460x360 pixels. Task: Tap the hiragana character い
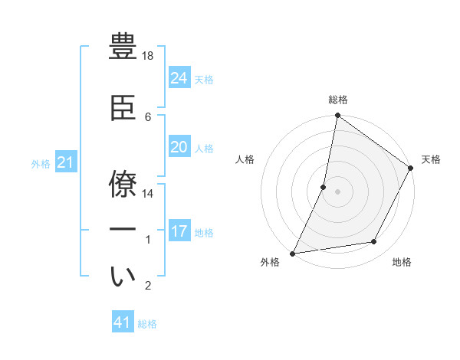124,277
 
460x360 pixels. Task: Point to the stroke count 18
149,57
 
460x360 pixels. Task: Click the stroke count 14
149,194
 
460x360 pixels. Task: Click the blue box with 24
179,77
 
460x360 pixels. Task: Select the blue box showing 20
179,147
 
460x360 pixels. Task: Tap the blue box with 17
179,231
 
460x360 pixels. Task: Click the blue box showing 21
66,162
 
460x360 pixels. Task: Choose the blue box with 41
123,322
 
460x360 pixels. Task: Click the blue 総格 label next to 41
147,324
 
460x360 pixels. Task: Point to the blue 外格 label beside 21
41,163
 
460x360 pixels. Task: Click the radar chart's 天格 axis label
431,159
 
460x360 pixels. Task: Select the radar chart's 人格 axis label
245,159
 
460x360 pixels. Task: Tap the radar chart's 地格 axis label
402,262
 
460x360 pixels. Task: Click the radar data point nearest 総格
337,116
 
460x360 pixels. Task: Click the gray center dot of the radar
337,191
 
